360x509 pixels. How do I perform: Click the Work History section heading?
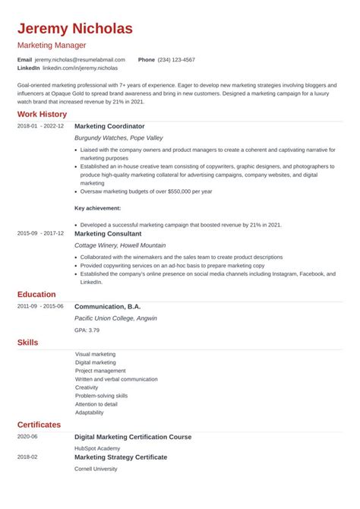point(43,114)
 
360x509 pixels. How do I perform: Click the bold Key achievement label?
point(97,207)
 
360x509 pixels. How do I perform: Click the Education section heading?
point(36,294)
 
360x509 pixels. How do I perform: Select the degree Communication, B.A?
point(112,305)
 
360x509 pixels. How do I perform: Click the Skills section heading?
point(27,343)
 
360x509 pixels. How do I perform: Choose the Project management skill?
point(99,371)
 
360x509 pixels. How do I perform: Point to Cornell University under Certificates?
point(96,469)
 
